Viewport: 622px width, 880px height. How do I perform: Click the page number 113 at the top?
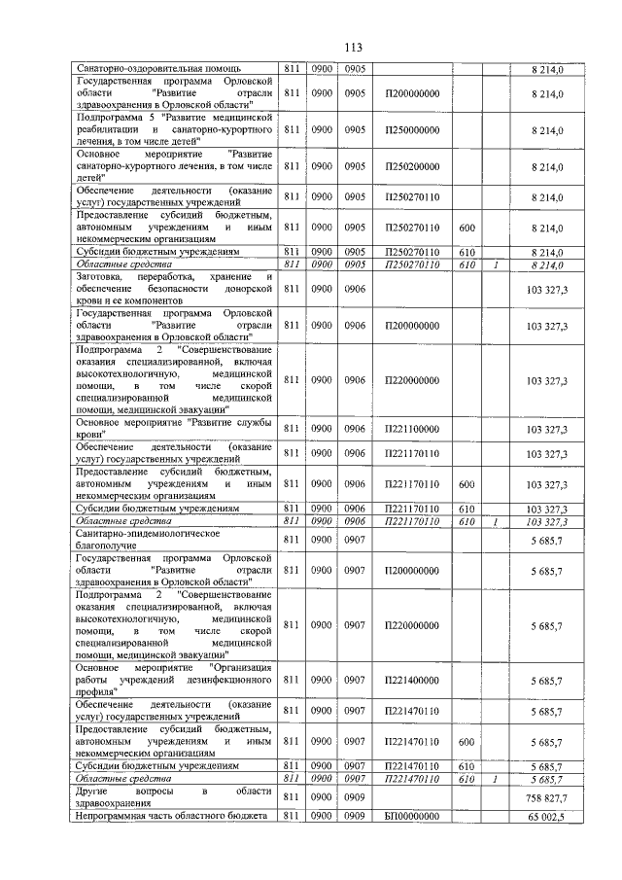[311, 47]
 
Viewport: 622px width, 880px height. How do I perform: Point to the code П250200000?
[412, 165]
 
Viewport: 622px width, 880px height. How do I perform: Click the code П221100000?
[412, 429]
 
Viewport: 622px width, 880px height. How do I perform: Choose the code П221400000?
[412, 680]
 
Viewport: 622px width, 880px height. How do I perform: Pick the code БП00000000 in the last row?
[412, 817]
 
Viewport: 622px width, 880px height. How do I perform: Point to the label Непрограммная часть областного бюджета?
[170, 817]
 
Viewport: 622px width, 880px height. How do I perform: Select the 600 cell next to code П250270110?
[466, 228]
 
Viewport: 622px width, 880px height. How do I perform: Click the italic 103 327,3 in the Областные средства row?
[545, 522]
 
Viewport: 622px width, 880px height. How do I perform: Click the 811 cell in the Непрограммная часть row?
[291, 817]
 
